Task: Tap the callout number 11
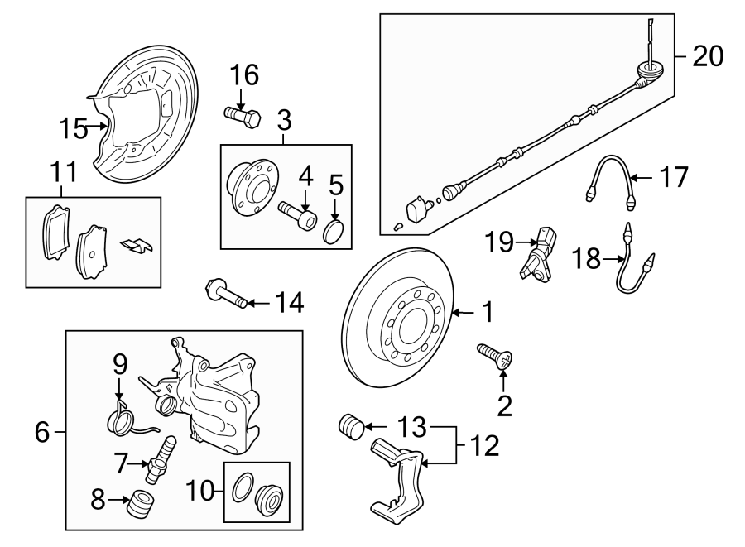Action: click(x=64, y=173)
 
